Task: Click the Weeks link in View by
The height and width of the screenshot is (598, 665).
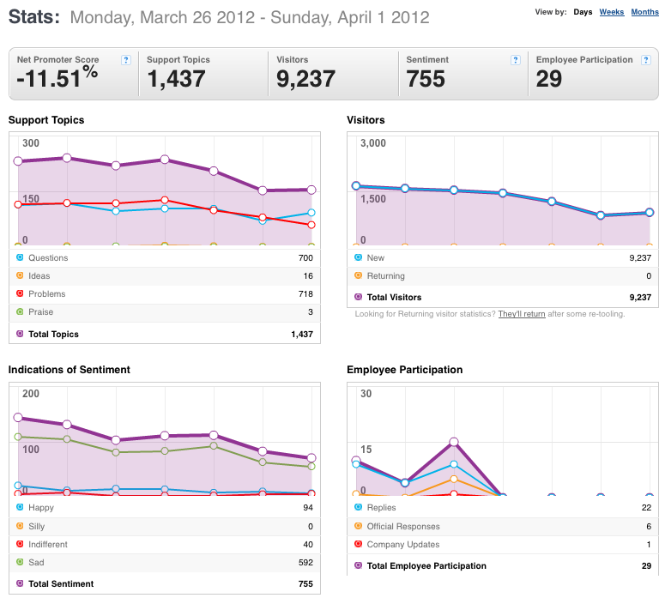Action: pos(612,12)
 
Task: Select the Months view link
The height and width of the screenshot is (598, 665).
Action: pos(644,12)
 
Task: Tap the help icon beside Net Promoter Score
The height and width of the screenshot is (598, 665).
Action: pos(126,60)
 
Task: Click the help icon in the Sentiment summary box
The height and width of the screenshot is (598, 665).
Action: pos(516,60)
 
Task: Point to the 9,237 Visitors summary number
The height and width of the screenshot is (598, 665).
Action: pos(305,79)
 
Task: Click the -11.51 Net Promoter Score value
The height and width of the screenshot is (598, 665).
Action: pos(48,79)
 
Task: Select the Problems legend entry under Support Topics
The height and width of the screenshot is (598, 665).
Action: pos(46,294)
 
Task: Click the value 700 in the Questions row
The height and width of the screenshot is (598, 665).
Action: pos(305,258)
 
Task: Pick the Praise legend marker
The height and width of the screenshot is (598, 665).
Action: pos(20,311)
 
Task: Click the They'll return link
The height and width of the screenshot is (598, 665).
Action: pos(522,314)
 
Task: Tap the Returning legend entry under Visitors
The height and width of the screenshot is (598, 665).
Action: pos(385,276)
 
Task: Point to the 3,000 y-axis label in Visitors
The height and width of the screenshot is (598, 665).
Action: pos(373,143)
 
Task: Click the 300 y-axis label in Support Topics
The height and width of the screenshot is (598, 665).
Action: pos(31,143)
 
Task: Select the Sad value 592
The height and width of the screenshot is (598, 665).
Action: pos(305,562)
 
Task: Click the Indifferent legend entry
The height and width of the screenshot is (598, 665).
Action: pos(47,545)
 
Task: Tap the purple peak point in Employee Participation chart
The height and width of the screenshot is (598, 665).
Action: pos(454,442)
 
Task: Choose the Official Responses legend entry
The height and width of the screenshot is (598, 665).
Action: pos(403,526)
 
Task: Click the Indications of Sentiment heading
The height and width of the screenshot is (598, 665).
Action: pos(70,370)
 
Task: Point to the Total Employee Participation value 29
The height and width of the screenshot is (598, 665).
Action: pos(646,565)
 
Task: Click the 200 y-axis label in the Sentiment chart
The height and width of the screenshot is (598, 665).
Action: pos(31,394)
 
